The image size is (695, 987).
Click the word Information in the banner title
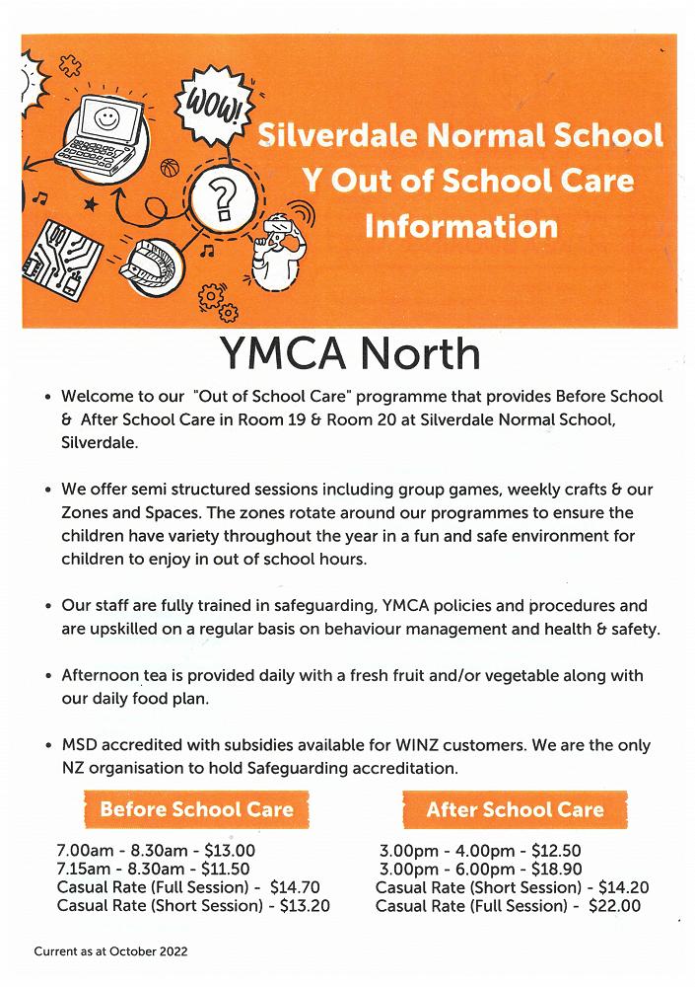coord(460,225)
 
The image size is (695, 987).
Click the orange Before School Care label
coord(197,810)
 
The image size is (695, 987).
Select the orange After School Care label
coord(515,810)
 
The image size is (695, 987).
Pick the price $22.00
coord(613,906)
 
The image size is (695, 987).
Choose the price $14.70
coord(295,887)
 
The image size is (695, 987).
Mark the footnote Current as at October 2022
coord(110,952)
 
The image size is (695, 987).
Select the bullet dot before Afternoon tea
coord(48,677)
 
